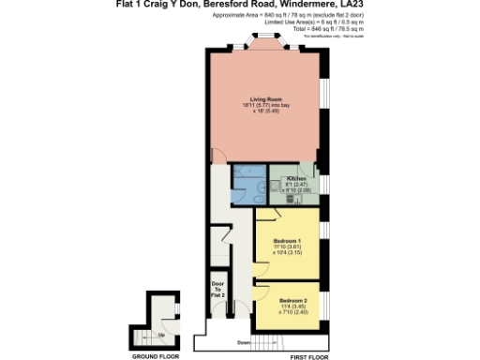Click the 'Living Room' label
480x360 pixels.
coord(260,98)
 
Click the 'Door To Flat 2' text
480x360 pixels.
coord(217,288)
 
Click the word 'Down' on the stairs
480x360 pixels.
coord(243,342)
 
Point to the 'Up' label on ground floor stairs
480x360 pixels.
coord(160,334)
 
